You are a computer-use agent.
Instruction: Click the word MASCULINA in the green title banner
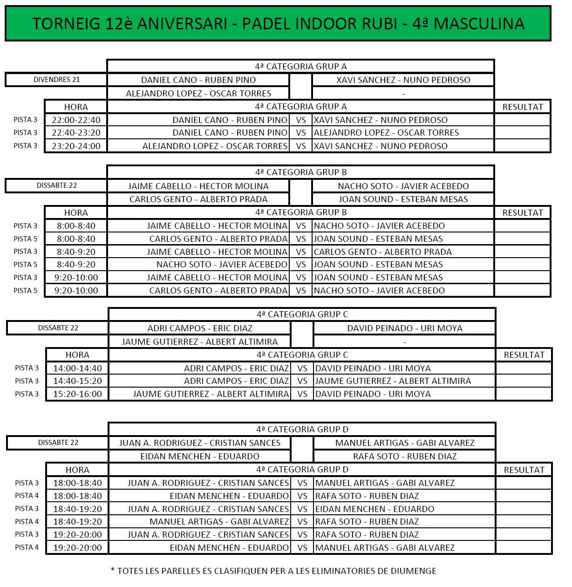[x=479, y=24]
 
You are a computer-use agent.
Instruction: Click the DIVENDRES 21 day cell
[x=56, y=80]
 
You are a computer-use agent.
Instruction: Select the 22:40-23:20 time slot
[x=76, y=133]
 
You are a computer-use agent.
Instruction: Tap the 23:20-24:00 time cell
[x=76, y=146]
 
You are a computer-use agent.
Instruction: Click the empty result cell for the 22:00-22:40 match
[x=522, y=120]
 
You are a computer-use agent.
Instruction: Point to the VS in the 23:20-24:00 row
[x=301, y=146]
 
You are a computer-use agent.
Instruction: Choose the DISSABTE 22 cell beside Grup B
[x=56, y=185]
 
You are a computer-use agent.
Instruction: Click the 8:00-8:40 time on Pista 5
[x=76, y=239]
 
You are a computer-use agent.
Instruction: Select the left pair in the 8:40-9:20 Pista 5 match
[x=222, y=265]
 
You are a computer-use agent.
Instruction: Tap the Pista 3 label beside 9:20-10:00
[x=25, y=278]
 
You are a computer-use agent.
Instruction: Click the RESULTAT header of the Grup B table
[x=522, y=213]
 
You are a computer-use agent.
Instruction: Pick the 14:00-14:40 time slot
[x=77, y=368]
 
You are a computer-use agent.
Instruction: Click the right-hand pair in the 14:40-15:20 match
[x=393, y=381]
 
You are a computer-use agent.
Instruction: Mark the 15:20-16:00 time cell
[x=77, y=394]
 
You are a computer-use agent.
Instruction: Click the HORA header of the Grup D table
[x=77, y=470]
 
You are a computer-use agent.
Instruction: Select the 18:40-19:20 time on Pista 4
[x=77, y=522]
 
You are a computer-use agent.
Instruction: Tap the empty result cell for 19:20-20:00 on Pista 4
[x=524, y=547]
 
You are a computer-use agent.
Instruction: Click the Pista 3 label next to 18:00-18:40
[x=27, y=483]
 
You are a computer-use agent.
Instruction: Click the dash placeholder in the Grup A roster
[x=403, y=94]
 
